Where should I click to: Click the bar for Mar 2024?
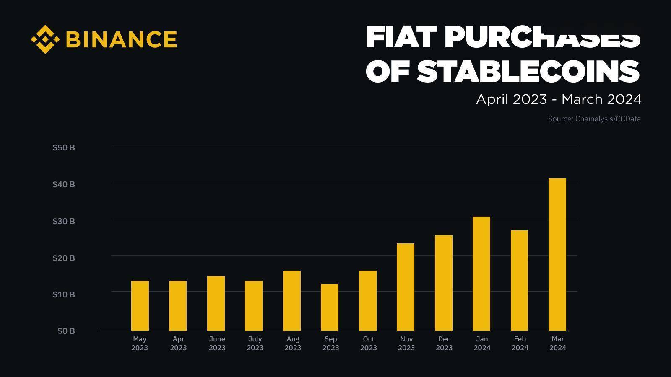(557, 255)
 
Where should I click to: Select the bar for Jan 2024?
(481, 274)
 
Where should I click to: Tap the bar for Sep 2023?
(330, 307)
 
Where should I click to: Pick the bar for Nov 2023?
(406, 287)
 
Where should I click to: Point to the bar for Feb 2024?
(519, 281)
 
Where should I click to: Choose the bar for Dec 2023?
(444, 283)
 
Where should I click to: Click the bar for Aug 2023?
(292, 301)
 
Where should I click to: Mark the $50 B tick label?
(64, 147)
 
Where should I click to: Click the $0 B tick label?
(66, 331)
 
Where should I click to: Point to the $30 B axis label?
(64, 221)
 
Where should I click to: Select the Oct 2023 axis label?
(368, 343)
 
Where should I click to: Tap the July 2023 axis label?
(255, 343)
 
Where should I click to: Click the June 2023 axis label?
(217, 343)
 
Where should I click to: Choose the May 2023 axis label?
(140, 343)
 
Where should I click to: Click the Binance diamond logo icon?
(45, 39)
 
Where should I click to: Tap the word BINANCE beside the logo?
(122, 39)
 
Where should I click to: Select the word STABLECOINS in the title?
(528, 71)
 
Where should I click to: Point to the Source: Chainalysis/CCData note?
(594, 119)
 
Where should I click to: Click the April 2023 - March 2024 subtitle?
(559, 99)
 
